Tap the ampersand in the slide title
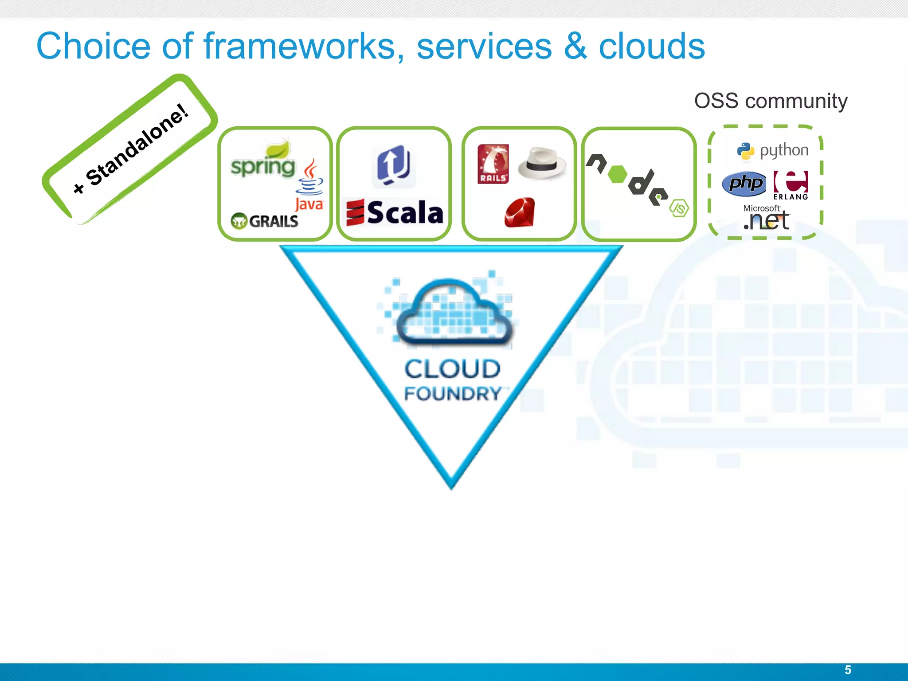[x=575, y=46]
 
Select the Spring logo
[x=263, y=161]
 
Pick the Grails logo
[x=265, y=220]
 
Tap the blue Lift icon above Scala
[x=394, y=165]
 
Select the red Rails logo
[x=493, y=164]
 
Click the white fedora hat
[x=542, y=163]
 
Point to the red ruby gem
[x=520, y=213]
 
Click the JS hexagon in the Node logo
[x=679, y=208]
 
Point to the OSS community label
[x=771, y=101]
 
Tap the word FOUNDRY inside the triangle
[x=453, y=394]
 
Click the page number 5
[x=848, y=669]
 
